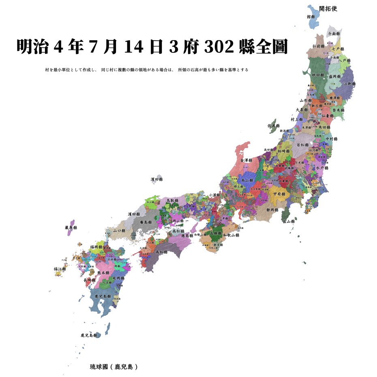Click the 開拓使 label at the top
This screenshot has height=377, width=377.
click(x=328, y=9)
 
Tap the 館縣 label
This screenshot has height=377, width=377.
click(x=311, y=17)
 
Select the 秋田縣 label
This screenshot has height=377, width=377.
click(x=318, y=75)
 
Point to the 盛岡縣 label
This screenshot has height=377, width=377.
click(x=334, y=76)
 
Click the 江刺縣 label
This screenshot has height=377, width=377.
click(x=349, y=84)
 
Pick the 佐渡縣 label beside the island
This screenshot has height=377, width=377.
click(x=274, y=126)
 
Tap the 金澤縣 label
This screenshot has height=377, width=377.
click(x=247, y=161)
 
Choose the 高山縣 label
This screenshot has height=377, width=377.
click(x=247, y=180)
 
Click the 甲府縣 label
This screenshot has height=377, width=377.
click(x=279, y=194)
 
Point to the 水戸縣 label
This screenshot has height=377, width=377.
click(x=322, y=168)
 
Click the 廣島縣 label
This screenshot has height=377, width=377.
click(x=146, y=223)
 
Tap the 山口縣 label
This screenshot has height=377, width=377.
click(x=119, y=230)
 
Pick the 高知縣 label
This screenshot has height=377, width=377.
click(x=162, y=252)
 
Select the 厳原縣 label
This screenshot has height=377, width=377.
click(x=71, y=228)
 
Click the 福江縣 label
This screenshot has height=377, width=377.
click(x=60, y=269)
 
